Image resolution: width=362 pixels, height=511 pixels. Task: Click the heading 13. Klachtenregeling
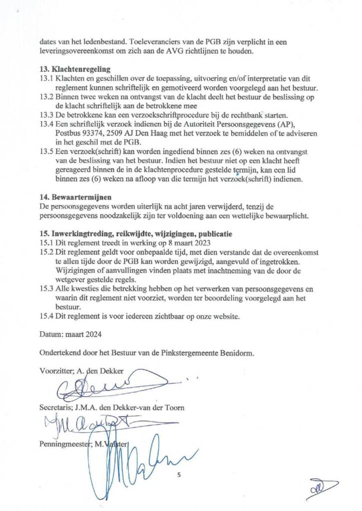[x=75, y=69]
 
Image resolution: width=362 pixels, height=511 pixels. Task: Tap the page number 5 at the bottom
[x=179, y=475]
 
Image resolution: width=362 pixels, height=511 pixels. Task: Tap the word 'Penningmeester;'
[x=64, y=444]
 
